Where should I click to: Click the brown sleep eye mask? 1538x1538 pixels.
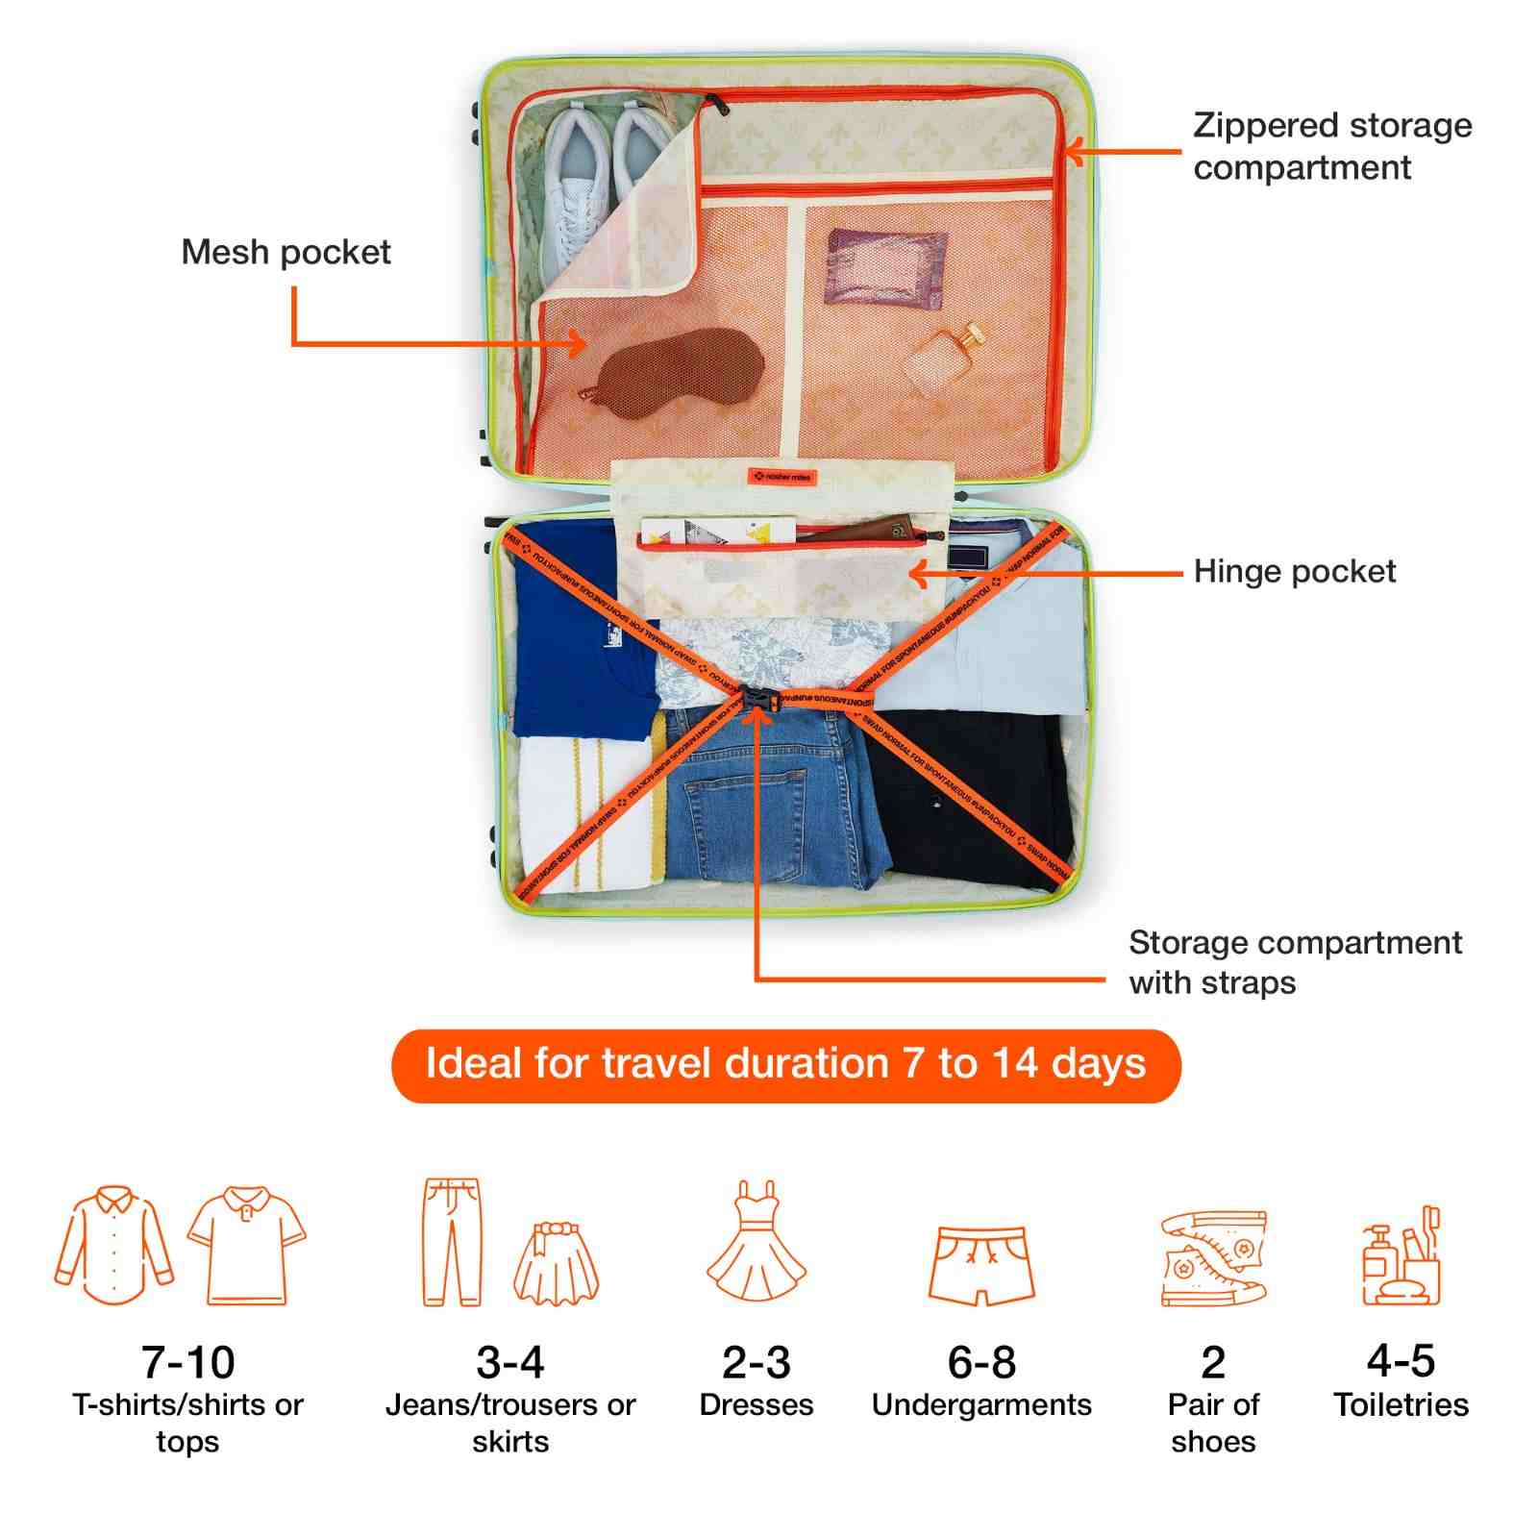coord(681,373)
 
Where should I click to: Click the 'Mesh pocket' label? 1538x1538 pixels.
coord(285,252)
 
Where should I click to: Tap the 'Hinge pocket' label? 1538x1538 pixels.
coord(1294,571)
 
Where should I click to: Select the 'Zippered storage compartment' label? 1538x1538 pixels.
coord(1331,146)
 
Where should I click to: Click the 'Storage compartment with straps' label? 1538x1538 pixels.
coord(1294,962)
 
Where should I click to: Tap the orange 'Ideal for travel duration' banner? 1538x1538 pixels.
coord(785,1065)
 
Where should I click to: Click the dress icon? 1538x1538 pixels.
coord(757,1242)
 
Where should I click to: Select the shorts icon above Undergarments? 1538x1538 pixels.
coord(981,1264)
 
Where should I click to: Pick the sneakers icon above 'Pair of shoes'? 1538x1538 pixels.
coord(1213,1257)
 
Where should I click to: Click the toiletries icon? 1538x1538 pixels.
coord(1401,1256)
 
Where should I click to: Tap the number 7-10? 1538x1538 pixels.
coord(187,1361)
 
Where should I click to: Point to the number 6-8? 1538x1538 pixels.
coord(981,1361)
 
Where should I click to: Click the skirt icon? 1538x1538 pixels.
coord(557,1261)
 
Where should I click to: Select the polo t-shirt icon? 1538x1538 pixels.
coord(246,1246)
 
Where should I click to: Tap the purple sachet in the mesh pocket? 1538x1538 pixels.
coord(885,267)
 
